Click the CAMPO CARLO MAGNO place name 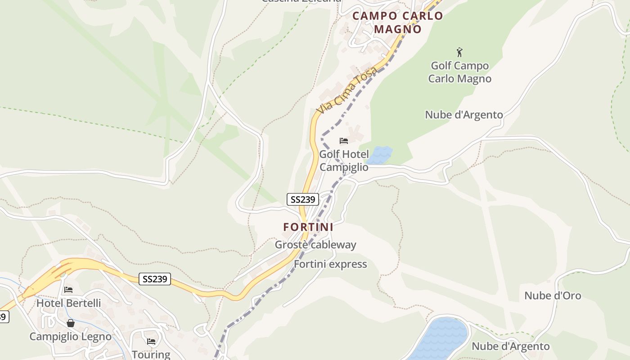pyautogui.click(x=398, y=22)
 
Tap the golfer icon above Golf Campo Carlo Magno pyautogui.click(x=459, y=52)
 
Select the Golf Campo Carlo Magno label pyautogui.click(x=459, y=72)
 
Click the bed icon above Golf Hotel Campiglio pyautogui.click(x=344, y=141)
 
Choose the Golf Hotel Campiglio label pyautogui.click(x=344, y=161)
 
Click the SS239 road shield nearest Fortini pyautogui.click(x=303, y=199)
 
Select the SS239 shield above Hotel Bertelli pyautogui.click(x=155, y=279)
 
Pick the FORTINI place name pyautogui.click(x=308, y=227)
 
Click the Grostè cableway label pyautogui.click(x=315, y=245)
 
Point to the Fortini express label pyautogui.click(x=330, y=264)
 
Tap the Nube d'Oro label pyautogui.click(x=553, y=296)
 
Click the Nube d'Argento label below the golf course pyautogui.click(x=464, y=115)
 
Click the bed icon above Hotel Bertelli pyautogui.click(x=68, y=289)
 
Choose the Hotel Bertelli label pyautogui.click(x=68, y=303)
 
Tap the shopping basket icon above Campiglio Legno pyautogui.click(x=71, y=323)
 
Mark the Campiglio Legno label pyautogui.click(x=71, y=336)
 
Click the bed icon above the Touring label pyautogui.click(x=151, y=342)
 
